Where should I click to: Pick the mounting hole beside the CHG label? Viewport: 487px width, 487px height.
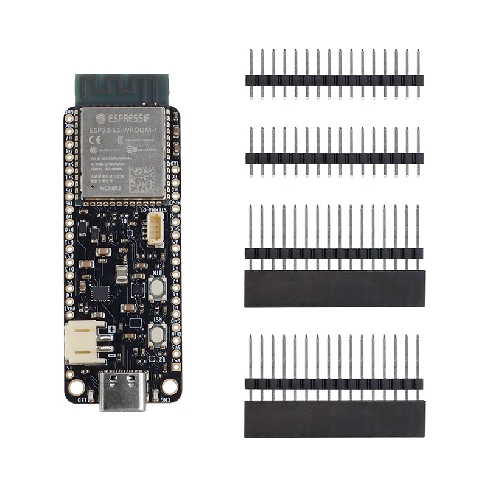point(169,386)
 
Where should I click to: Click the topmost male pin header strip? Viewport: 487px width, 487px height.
point(334,80)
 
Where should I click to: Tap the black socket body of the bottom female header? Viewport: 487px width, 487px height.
point(334,418)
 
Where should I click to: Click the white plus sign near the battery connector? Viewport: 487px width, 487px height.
point(112,329)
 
